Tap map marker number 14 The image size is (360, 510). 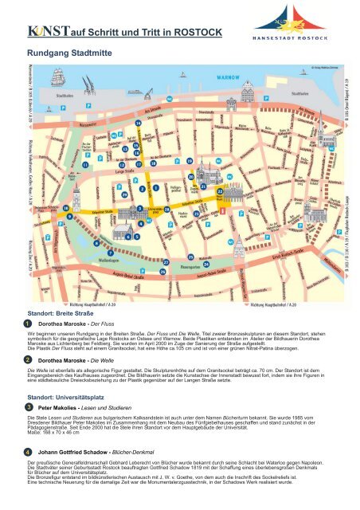(135, 152)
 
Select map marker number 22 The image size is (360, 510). (219, 192)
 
